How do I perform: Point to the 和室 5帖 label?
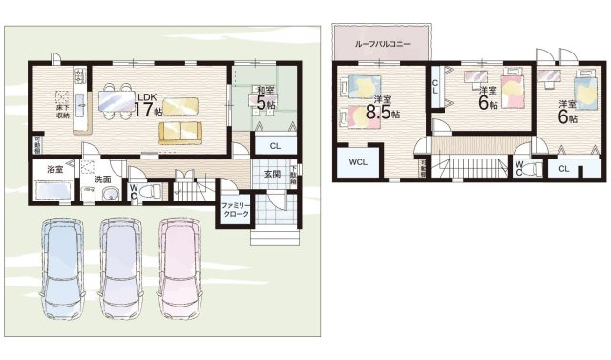point(264,97)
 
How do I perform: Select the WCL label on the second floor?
point(358,162)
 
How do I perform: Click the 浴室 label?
point(54,169)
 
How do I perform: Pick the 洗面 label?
point(102,180)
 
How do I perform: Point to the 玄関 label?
point(272,174)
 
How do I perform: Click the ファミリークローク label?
point(236,210)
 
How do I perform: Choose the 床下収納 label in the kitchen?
point(63,102)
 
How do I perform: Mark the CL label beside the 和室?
point(275,145)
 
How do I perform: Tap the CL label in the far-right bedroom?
point(563,169)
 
